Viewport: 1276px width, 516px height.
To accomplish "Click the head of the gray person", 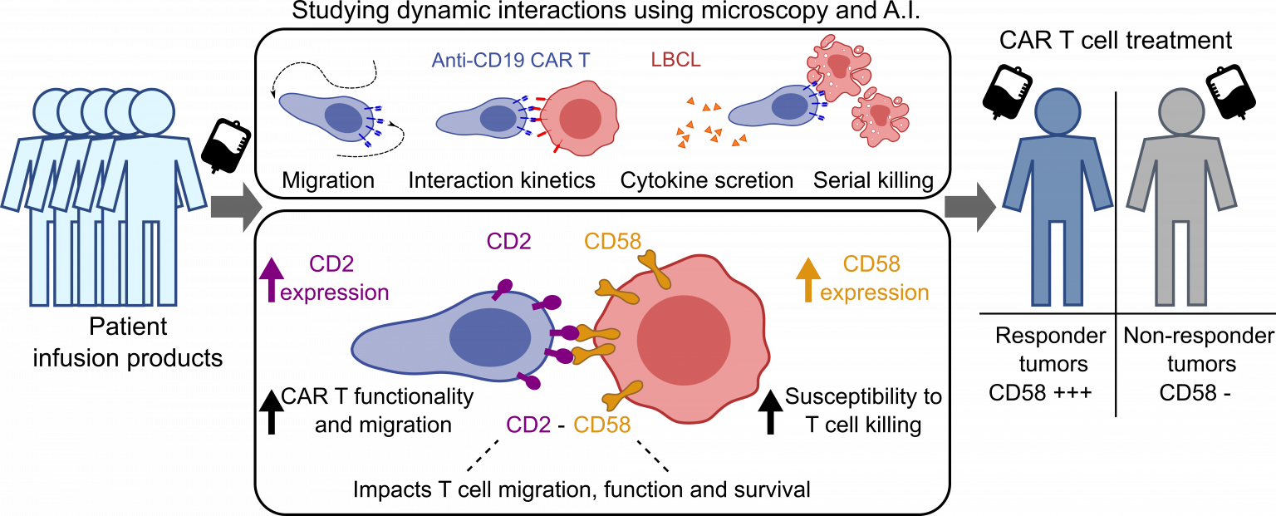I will pyautogui.click(x=1180, y=111).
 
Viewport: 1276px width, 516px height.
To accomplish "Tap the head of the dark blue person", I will pyautogui.click(x=1058, y=111).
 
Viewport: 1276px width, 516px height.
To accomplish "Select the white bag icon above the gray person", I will pyautogui.click(x=1226, y=83).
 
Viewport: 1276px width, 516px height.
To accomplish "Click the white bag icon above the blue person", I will pyautogui.click(x=1013, y=83).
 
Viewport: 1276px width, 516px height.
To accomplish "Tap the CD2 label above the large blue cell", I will pyautogui.click(x=508, y=242).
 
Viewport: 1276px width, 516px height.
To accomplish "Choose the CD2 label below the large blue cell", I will pyautogui.click(x=528, y=425).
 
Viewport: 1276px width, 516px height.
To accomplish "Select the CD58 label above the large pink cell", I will pyautogui.click(x=612, y=242).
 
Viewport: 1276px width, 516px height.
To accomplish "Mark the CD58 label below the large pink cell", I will pyautogui.click(x=601, y=425).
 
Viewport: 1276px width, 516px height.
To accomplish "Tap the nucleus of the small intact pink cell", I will pyautogui.click(x=580, y=120).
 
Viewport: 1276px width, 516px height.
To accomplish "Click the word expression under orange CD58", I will pyautogui.click(x=875, y=293).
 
